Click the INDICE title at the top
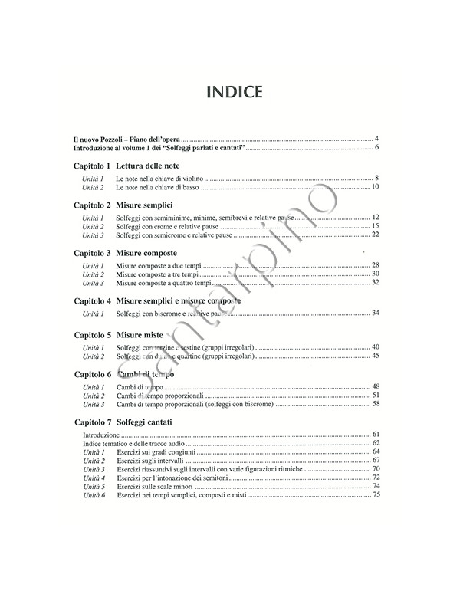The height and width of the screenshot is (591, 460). pos(229,92)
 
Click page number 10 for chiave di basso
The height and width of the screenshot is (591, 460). pos(376,186)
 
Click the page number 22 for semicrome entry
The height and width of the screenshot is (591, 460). pos(376,235)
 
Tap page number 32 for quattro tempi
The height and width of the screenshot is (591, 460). pos(376,283)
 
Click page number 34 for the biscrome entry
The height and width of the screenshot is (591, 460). pos(376,313)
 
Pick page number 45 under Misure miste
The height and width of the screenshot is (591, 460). pos(376,356)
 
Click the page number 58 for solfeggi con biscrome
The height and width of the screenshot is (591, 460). pos(376,403)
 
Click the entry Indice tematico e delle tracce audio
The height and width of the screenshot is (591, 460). pos(133,443)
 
